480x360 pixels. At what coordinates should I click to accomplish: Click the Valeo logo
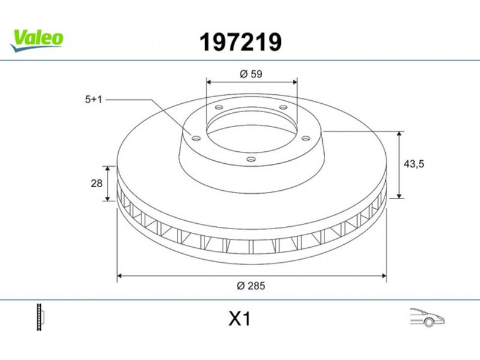tap(37, 41)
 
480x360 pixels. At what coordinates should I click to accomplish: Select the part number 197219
tap(241, 42)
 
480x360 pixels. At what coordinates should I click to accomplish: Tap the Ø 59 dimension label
tap(251, 74)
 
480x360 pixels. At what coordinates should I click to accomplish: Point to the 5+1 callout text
tap(94, 100)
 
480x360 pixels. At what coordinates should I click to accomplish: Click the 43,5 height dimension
tap(414, 164)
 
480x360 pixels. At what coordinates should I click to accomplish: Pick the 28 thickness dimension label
tap(97, 184)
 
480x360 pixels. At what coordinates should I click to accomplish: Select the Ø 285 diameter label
tap(251, 286)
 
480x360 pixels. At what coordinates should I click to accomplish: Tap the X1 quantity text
tap(239, 319)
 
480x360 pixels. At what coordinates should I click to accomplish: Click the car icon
tap(427, 318)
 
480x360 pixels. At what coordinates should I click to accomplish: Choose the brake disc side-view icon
tap(40, 317)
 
